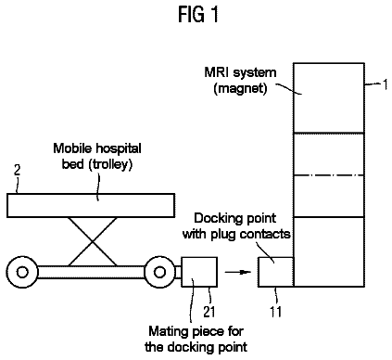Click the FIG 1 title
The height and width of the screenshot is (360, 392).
pyautogui.click(x=198, y=15)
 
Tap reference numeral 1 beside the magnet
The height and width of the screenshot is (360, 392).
pyautogui.click(x=385, y=84)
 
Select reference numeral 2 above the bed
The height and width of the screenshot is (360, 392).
pyautogui.click(x=18, y=171)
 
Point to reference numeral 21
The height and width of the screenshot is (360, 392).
pyautogui.click(x=209, y=312)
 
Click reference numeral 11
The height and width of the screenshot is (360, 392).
pyautogui.click(x=276, y=312)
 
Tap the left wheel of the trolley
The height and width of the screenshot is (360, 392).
pyautogui.click(x=22, y=272)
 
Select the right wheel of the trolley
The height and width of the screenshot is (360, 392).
pyautogui.click(x=159, y=272)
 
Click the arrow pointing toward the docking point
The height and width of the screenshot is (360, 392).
pyautogui.click(x=238, y=272)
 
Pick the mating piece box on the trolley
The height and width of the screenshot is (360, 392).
pyautogui.click(x=199, y=272)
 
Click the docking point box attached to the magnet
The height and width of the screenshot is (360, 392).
pyautogui.click(x=276, y=272)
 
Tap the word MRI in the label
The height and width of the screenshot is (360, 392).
pyautogui.click(x=217, y=72)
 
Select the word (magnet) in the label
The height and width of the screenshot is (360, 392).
pyautogui.click(x=240, y=88)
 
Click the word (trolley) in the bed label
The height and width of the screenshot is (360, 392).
pyautogui.click(x=110, y=164)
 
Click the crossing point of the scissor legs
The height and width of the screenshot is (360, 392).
pyautogui.click(x=93, y=241)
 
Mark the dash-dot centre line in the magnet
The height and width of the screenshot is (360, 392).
pyautogui.click(x=329, y=175)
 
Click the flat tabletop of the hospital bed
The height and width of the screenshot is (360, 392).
pyautogui.click(x=91, y=205)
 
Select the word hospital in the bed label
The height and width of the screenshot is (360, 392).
pyautogui.click(x=119, y=149)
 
